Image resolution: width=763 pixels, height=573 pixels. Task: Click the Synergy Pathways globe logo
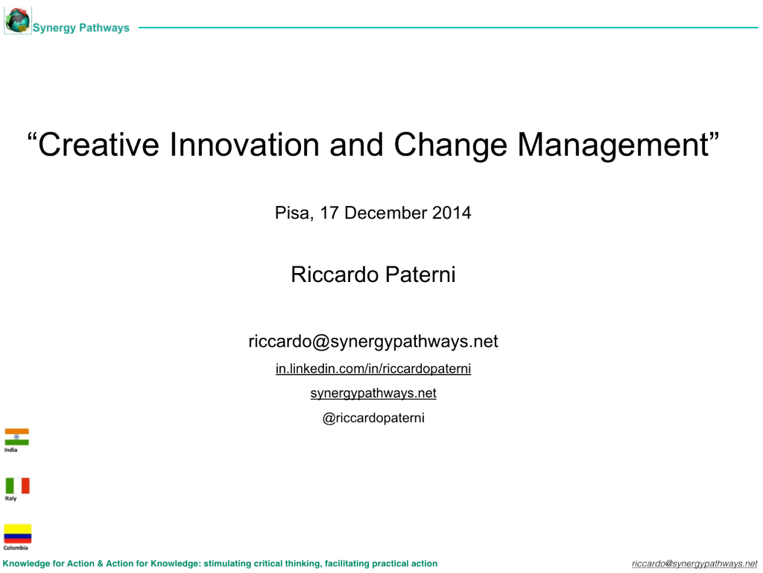[18, 21]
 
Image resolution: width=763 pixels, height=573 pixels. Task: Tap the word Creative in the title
[98, 145]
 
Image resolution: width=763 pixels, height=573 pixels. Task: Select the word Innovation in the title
[244, 145]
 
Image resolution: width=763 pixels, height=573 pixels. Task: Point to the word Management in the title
[612, 145]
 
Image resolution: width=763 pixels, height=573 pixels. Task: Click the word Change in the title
[450, 145]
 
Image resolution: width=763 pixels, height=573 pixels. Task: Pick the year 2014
[452, 213]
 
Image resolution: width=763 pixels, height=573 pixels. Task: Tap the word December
[385, 213]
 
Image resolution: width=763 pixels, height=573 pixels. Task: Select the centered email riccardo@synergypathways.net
[373, 342]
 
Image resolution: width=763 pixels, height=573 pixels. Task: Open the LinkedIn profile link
[373, 369]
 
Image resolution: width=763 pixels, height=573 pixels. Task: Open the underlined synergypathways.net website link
[373, 393]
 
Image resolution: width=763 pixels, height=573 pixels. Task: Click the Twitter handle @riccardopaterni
[373, 418]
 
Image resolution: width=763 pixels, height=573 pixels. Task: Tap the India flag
[16, 436]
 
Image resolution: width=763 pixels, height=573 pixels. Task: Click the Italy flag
[18, 486]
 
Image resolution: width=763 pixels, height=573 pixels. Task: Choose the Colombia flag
[18, 533]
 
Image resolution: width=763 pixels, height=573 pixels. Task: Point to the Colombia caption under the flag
[16, 548]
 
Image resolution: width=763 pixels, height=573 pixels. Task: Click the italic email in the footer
[694, 564]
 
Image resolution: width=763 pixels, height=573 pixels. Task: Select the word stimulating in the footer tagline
[227, 564]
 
